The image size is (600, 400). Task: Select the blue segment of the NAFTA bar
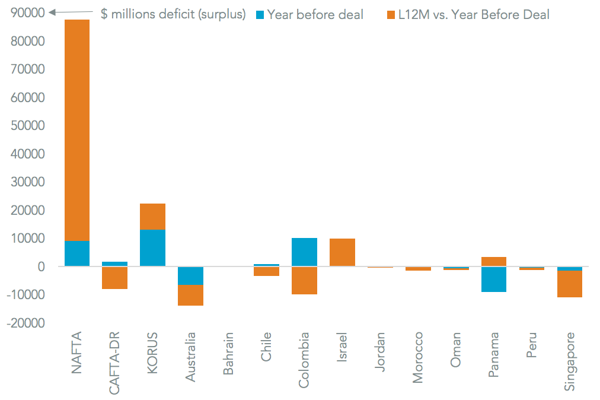tap(77, 253)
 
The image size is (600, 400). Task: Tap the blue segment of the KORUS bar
tap(152, 248)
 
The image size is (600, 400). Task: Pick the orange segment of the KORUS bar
tap(152, 217)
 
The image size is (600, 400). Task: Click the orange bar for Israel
tap(342, 252)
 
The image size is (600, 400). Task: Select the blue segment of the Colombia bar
tap(304, 252)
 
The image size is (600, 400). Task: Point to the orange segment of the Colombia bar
tap(304, 280)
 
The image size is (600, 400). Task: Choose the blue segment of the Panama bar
tap(494, 279)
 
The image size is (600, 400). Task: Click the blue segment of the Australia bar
tap(190, 275)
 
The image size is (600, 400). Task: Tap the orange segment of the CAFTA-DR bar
tap(114, 278)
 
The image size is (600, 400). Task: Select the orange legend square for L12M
tap(391, 14)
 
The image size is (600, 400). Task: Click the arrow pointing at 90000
tap(71, 12)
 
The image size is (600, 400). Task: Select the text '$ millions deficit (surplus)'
tap(173, 14)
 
